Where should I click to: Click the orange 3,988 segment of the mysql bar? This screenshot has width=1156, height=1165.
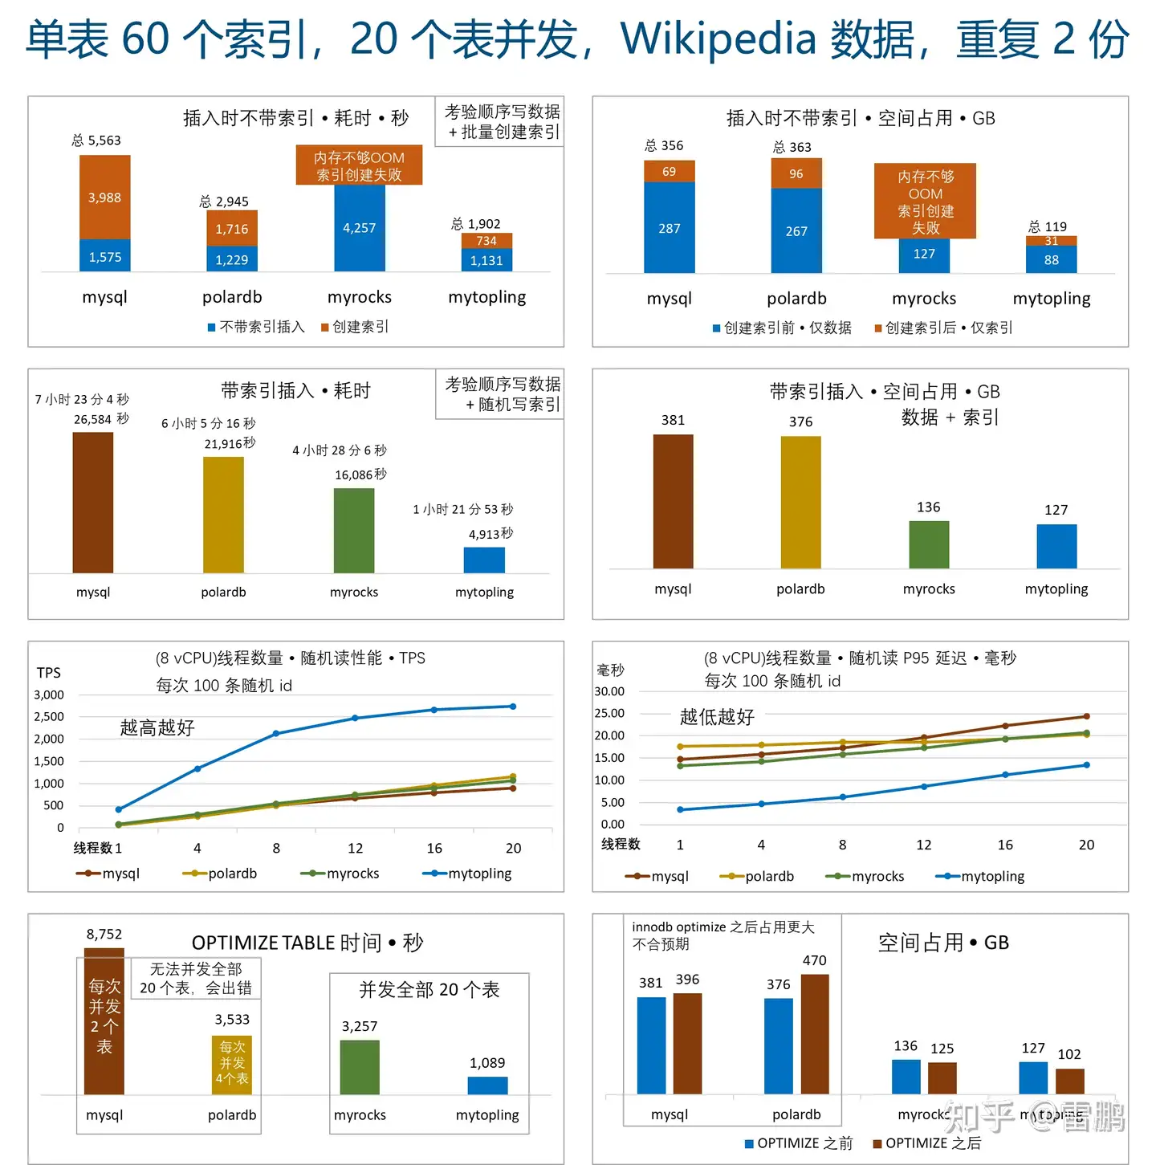coord(104,197)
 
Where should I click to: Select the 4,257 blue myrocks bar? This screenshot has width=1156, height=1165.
coord(359,228)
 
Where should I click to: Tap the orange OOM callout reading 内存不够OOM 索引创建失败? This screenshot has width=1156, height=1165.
coord(359,165)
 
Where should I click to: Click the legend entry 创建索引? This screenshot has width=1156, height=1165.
coord(355,327)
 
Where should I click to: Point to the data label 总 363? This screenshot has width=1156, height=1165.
coord(792,147)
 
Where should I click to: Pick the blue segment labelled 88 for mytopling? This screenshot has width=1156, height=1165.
coord(1051,259)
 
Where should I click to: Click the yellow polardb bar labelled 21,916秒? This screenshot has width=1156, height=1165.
coord(223,514)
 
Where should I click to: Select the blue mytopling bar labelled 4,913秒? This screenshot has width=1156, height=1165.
coord(484,560)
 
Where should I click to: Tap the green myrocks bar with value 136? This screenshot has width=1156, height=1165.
coord(929,544)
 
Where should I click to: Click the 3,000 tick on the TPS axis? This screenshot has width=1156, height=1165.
coord(49,695)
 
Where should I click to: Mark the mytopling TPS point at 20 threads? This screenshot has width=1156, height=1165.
coord(513,707)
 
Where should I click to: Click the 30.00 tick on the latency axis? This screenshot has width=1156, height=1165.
coord(609,691)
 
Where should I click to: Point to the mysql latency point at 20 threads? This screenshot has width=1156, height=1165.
coord(1086,716)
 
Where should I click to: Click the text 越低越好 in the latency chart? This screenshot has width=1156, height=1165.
coord(717,717)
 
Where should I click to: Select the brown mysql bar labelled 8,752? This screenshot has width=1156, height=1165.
coord(104,1020)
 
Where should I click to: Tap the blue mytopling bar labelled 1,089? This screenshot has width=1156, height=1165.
coord(487,1086)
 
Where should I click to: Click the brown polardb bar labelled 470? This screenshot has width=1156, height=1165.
coord(815,1033)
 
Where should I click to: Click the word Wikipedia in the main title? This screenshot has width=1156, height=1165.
coord(718,39)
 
